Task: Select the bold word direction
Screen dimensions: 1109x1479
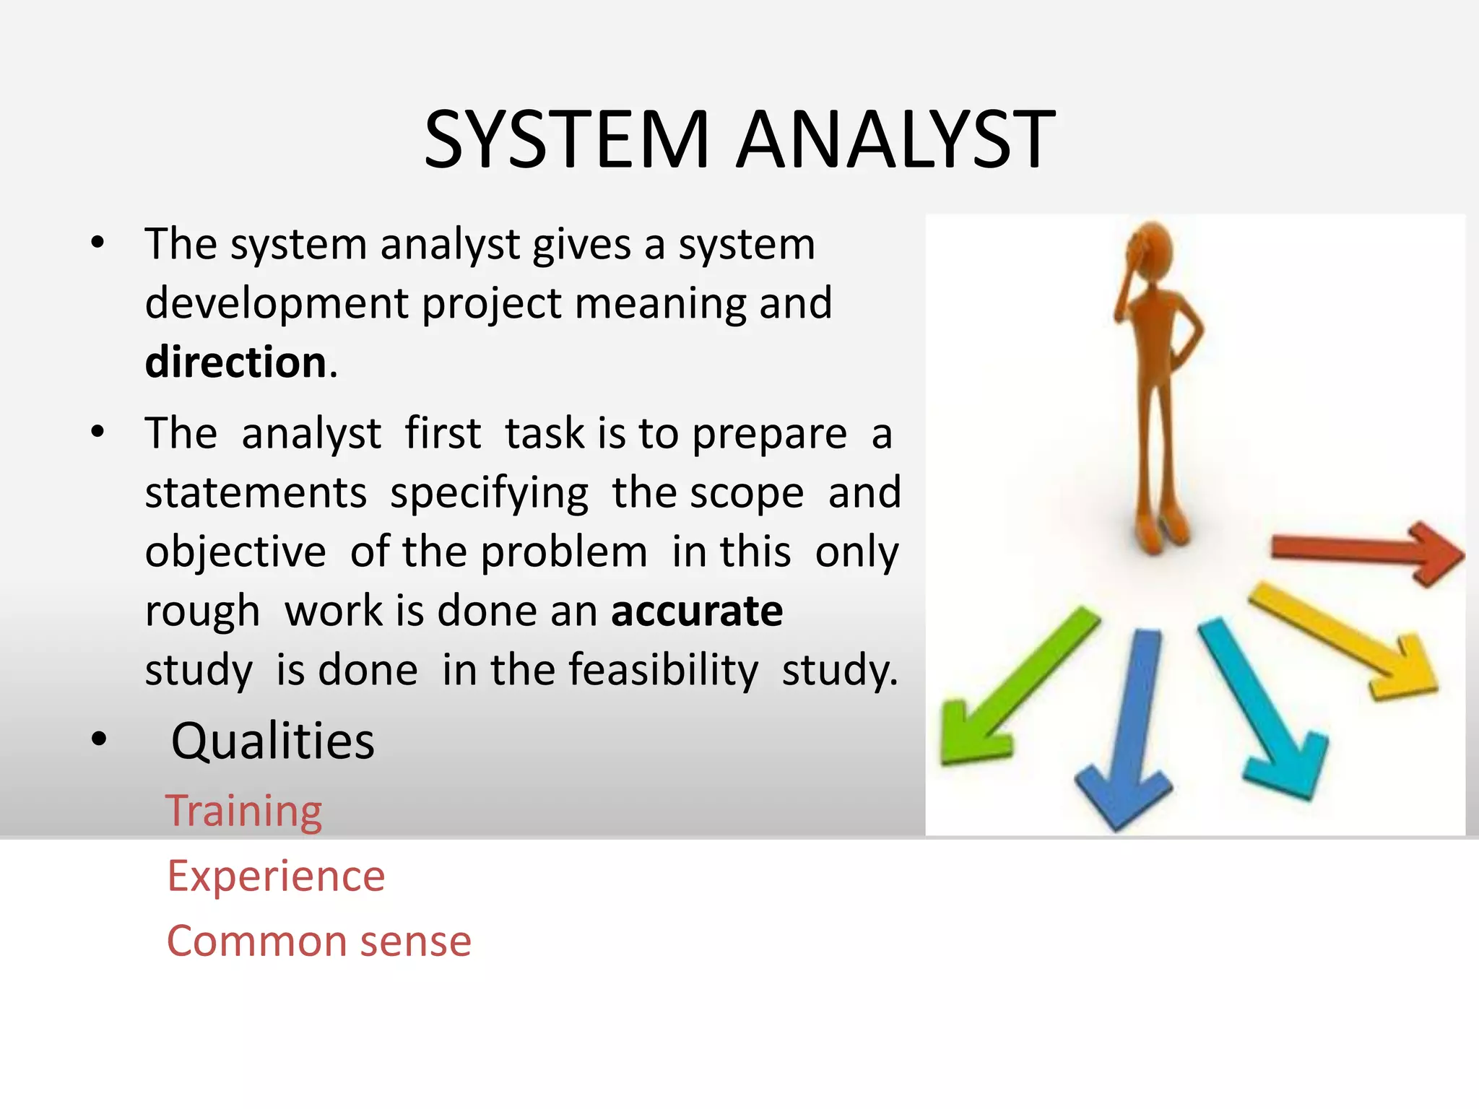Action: click(x=235, y=362)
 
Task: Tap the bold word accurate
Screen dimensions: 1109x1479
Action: click(x=696, y=611)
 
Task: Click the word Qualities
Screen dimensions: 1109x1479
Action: click(x=272, y=741)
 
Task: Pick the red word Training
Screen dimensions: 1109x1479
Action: click(x=244, y=811)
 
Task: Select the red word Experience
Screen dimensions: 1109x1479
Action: click(x=276, y=876)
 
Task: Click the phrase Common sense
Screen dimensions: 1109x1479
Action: click(x=318, y=941)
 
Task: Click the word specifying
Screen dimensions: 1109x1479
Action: click(x=489, y=493)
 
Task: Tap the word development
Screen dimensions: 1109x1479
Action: click(x=277, y=303)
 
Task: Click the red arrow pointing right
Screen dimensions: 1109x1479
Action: click(x=1365, y=552)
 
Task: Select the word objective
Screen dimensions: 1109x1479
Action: click(x=235, y=552)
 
